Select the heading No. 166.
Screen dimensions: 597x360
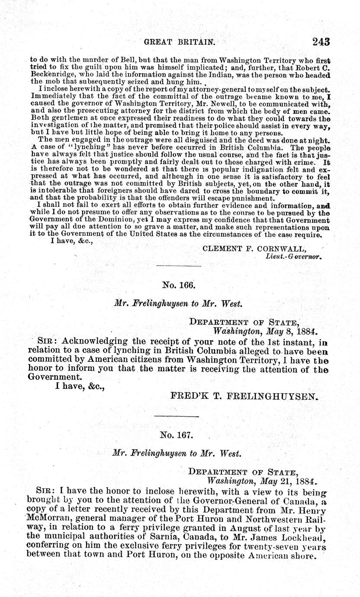click(x=179, y=285)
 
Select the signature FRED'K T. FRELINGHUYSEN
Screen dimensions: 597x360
click(x=244, y=395)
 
